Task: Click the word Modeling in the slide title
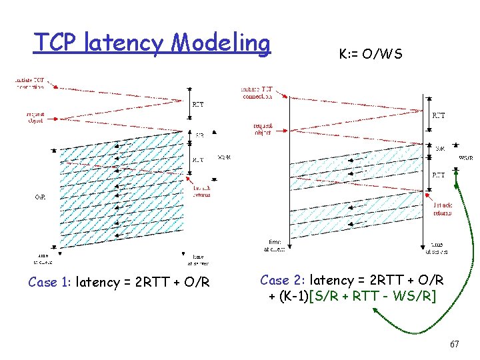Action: [221, 43]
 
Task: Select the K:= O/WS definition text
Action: [371, 53]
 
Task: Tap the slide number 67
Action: [454, 344]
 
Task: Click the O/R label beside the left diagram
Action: [41, 197]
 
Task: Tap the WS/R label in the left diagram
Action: [225, 157]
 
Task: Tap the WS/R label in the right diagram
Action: [466, 158]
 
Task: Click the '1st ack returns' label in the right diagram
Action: [442, 209]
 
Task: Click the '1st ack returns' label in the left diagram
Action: [201, 191]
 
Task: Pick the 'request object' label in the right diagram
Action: [263, 128]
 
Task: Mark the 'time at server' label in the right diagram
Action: [437, 248]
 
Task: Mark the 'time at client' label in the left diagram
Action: [44, 259]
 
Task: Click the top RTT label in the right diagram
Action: [439, 115]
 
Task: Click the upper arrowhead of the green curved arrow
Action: [456, 169]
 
